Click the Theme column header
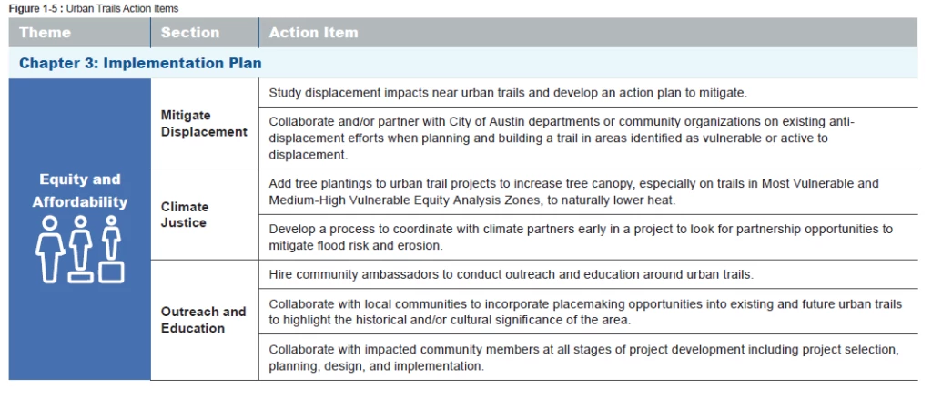coord(45,33)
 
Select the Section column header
coord(189,33)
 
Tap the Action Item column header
coord(313,33)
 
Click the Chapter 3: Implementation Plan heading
coord(140,64)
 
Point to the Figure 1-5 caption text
coord(94,8)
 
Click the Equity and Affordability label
coord(80,190)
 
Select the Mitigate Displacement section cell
coord(204,124)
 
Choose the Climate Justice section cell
coord(185,214)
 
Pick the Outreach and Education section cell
coord(203,319)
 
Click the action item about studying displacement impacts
coord(508,93)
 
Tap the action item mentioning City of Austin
coord(562,138)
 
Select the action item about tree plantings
coord(573,191)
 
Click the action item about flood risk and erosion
coord(581,236)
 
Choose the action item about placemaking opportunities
coord(585,312)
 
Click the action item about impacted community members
coord(583,357)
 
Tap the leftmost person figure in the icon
coord(50,248)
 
